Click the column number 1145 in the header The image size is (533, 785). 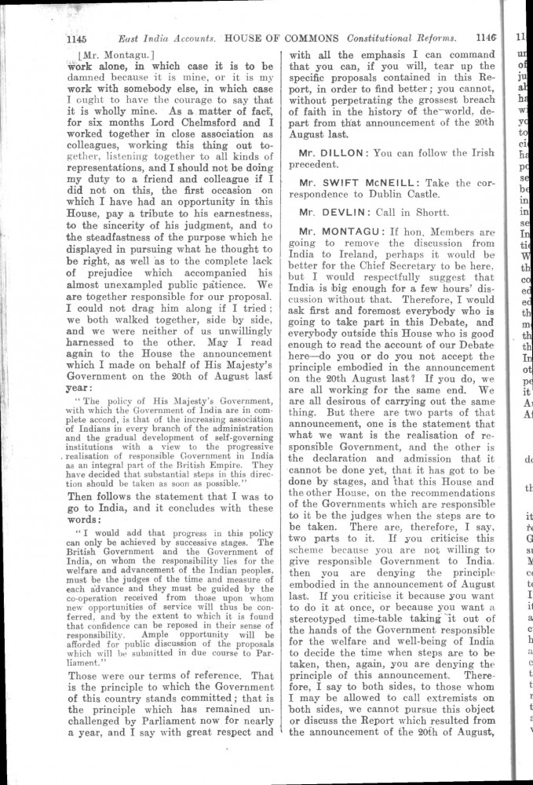[81, 37]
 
